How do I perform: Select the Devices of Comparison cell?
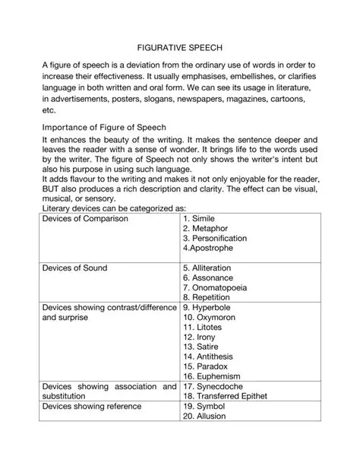pos(85,219)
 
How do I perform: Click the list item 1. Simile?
pos(201,219)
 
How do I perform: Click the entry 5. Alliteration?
pos(207,268)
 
